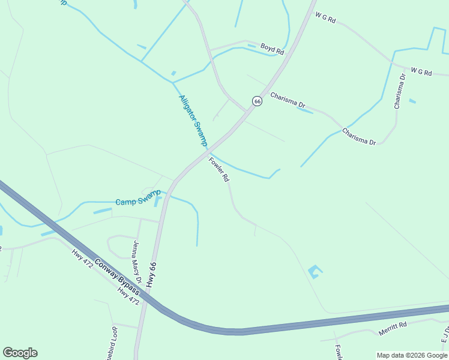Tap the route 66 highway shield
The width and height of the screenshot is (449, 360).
point(257,101)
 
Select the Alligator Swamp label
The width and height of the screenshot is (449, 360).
point(193,120)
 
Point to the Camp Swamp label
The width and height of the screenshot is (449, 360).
point(137,197)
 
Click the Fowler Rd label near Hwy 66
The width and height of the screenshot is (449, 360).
point(219,169)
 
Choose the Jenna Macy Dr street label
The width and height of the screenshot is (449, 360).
point(136,262)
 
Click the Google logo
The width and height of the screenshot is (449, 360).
point(20,353)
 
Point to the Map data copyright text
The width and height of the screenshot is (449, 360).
point(412,355)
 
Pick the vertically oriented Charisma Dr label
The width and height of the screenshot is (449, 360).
point(400,91)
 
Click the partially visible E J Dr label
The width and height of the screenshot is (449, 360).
point(445,333)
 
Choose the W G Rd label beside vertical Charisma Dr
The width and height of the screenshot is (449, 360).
point(421,72)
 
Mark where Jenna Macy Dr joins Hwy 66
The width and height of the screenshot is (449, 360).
point(160,223)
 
